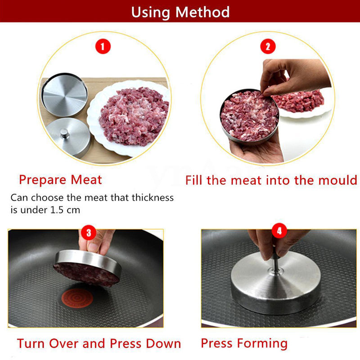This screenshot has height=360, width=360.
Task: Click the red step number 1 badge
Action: coord(103,46)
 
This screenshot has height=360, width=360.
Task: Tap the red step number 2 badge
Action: coord(268,46)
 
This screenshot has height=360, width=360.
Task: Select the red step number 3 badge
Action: coord(89,233)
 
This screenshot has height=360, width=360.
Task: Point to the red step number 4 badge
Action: coord(279,231)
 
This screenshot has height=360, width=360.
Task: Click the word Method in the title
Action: coord(202,12)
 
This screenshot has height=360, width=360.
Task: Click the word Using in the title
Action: coord(150,13)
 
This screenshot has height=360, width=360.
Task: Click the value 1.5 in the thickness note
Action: coord(56,210)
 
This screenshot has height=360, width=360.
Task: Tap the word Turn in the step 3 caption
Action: coord(31,343)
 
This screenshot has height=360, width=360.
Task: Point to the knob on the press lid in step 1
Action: coord(64,133)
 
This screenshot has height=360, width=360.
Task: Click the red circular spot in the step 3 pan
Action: coord(77,298)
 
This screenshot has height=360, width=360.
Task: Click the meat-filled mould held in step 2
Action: coord(250,117)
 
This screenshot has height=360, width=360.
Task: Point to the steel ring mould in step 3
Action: coord(88,264)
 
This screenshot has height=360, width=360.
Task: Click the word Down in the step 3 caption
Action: coord(163,343)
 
